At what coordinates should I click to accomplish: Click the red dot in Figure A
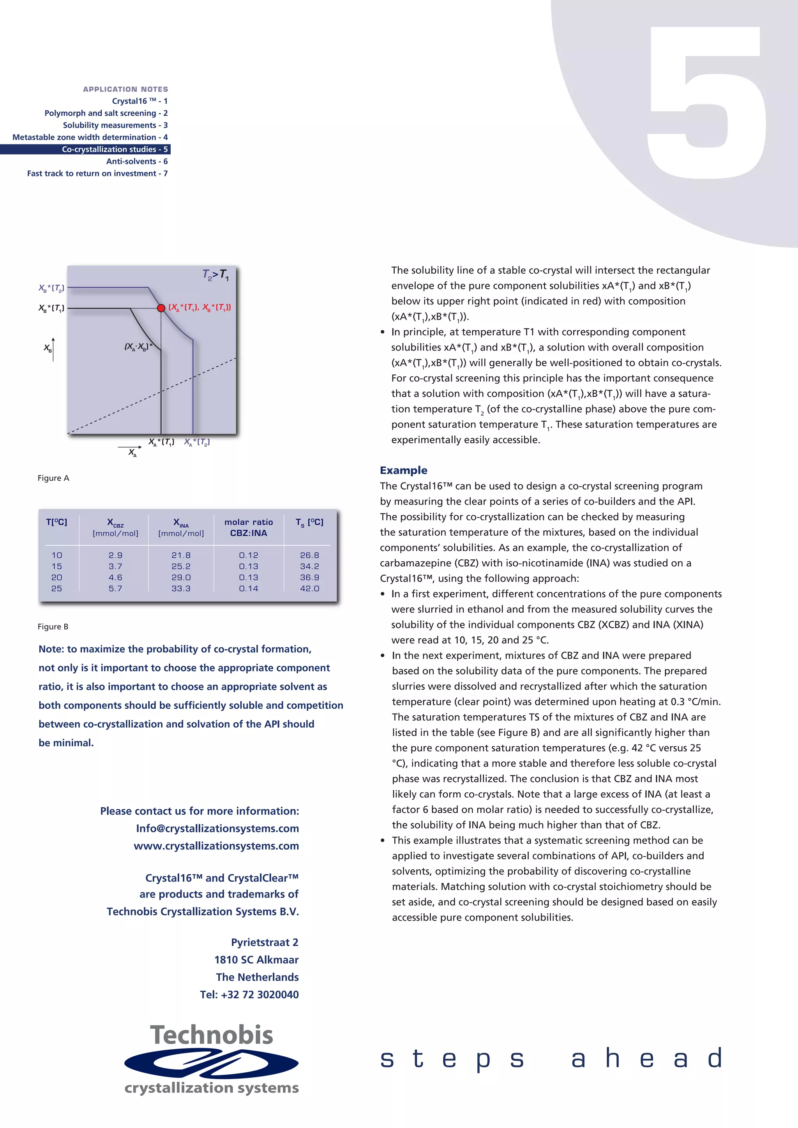(x=161, y=308)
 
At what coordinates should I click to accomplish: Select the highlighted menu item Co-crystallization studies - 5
(x=115, y=149)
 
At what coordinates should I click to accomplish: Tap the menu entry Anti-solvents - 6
(x=137, y=161)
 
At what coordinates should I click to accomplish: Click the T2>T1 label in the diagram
(x=216, y=275)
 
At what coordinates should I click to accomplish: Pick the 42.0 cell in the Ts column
(x=309, y=589)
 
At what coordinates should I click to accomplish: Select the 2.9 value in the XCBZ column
(x=115, y=555)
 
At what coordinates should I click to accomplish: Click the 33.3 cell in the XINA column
(x=181, y=589)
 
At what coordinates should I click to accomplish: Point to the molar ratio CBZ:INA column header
(x=249, y=527)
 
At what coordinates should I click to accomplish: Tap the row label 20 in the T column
(x=57, y=577)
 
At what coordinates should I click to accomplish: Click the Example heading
(x=403, y=470)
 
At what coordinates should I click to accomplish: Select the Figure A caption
(x=53, y=478)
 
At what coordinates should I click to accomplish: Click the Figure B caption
(x=53, y=626)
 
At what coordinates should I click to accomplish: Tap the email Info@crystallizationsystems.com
(x=217, y=828)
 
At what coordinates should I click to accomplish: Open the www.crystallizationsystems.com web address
(x=216, y=846)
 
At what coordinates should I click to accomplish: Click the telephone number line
(x=249, y=994)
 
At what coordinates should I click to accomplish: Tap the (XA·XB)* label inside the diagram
(x=138, y=347)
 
